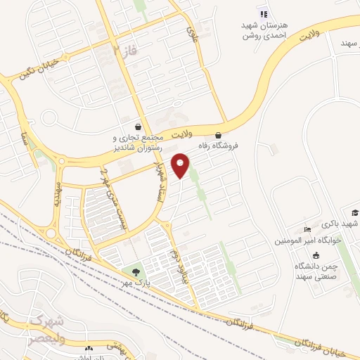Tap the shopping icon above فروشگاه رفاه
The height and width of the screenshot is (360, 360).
(218, 135)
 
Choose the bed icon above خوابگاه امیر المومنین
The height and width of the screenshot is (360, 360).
(307, 229)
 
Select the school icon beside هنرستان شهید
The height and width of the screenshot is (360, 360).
(263, 13)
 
